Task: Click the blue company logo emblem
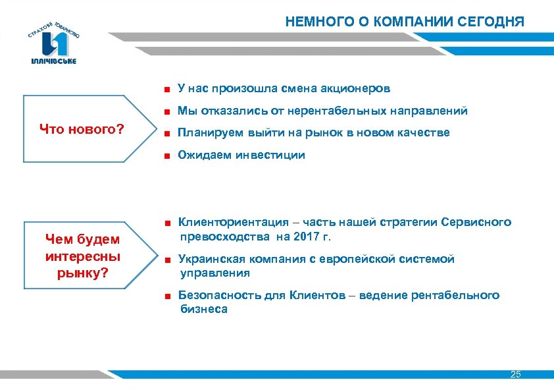point(54,43)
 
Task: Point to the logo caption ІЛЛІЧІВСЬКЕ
point(53,61)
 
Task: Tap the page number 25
point(515,374)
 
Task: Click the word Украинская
point(212,260)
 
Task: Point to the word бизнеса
point(204,309)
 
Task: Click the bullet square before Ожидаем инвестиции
point(168,156)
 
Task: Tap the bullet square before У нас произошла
point(168,88)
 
